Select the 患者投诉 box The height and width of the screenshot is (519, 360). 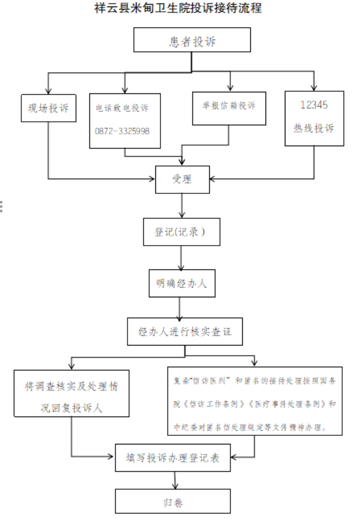[x=192, y=40]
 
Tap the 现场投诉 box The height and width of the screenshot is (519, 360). [x=49, y=108]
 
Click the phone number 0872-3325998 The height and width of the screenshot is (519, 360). [x=122, y=131]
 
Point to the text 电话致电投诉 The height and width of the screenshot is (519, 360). [x=122, y=109]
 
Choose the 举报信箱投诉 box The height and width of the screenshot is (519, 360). [x=229, y=107]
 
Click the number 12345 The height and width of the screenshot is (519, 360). [x=314, y=106]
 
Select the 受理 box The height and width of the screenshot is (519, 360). [x=182, y=179]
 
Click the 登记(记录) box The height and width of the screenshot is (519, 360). [x=182, y=232]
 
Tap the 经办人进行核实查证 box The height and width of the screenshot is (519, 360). [x=184, y=332]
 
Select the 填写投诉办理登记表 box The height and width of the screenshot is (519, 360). [x=174, y=457]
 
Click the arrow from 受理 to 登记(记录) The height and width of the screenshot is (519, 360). [x=182, y=205]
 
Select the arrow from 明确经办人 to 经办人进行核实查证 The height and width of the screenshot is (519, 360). [x=179, y=307]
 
